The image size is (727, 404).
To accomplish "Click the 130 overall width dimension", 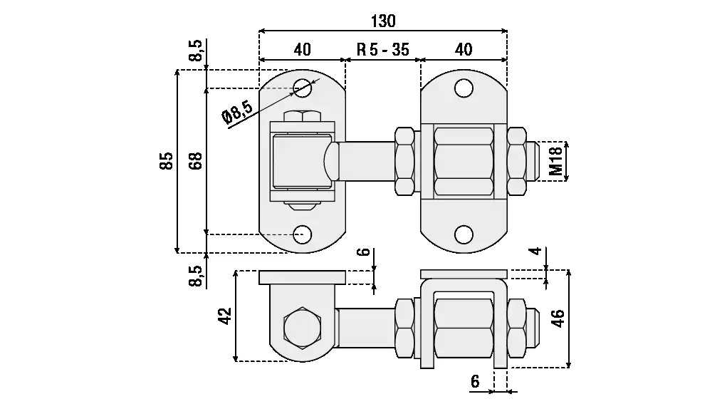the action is (x=383, y=21).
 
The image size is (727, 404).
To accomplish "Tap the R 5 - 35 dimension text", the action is (x=383, y=49).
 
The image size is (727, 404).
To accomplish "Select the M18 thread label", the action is (x=555, y=161).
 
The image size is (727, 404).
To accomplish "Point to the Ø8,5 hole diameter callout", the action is (x=237, y=113).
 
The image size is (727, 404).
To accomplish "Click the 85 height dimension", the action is (x=167, y=161).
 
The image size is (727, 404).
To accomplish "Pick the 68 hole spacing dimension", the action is (x=196, y=161).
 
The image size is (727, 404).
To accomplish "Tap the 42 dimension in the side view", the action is (x=225, y=316).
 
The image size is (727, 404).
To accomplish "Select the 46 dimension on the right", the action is (x=558, y=318).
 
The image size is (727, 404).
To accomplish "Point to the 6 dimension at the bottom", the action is (x=475, y=381).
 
